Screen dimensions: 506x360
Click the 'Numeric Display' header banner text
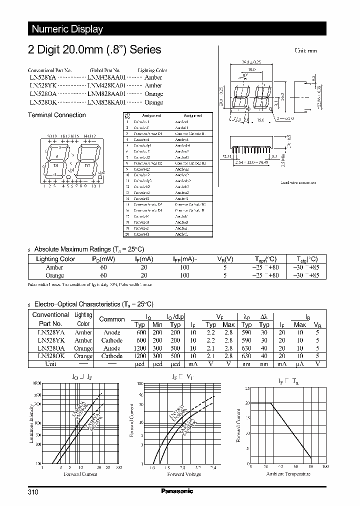pyautogui.click(x=67, y=29)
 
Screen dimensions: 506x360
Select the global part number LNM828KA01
pyautogui.click(x=106, y=102)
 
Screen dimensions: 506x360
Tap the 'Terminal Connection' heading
pyautogui.click(x=57, y=115)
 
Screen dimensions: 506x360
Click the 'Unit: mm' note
pyautogui.click(x=306, y=51)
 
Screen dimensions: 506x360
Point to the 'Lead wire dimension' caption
pyautogui.click(x=298, y=182)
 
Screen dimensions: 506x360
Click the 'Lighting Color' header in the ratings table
pyautogui.click(x=55, y=259)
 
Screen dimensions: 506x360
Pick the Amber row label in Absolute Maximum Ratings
pyautogui.click(x=54, y=267)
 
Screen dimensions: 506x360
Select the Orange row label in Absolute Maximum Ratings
pyautogui.click(x=55, y=275)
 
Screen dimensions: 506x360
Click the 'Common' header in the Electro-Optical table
pyautogui.click(x=112, y=319)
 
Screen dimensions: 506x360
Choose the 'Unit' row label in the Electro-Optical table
pyautogui.click(x=50, y=364)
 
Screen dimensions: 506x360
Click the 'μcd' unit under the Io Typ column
pyautogui.click(x=139, y=364)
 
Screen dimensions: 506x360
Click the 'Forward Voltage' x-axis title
pyautogui.click(x=183, y=474)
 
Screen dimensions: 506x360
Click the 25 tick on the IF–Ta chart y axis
pyautogui.click(x=247, y=388)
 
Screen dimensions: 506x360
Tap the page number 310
pyautogui.click(x=33, y=492)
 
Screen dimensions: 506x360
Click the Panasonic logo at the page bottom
pyautogui.click(x=177, y=491)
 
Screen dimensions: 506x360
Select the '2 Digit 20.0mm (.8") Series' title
pyautogui.click(x=93, y=49)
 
